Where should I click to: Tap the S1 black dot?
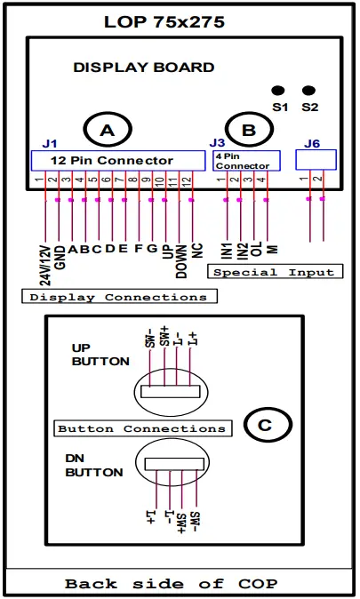(x=278, y=91)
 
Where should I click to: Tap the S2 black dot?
(x=308, y=91)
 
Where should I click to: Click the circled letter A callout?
(x=108, y=131)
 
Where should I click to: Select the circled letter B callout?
(x=248, y=131)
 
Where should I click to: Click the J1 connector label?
(x=50, y=143)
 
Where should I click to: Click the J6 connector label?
(x=312, y=143)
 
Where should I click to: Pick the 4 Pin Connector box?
(x=244, y=160)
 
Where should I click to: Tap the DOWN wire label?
(x=180, y=260)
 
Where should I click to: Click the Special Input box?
(x=274, y=271)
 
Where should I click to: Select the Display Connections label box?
(x=118, y=297)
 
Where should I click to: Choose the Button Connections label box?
(x=141, y=428)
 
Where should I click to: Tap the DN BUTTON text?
(x=93, y=466)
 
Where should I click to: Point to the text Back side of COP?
(x=171, y=584)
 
